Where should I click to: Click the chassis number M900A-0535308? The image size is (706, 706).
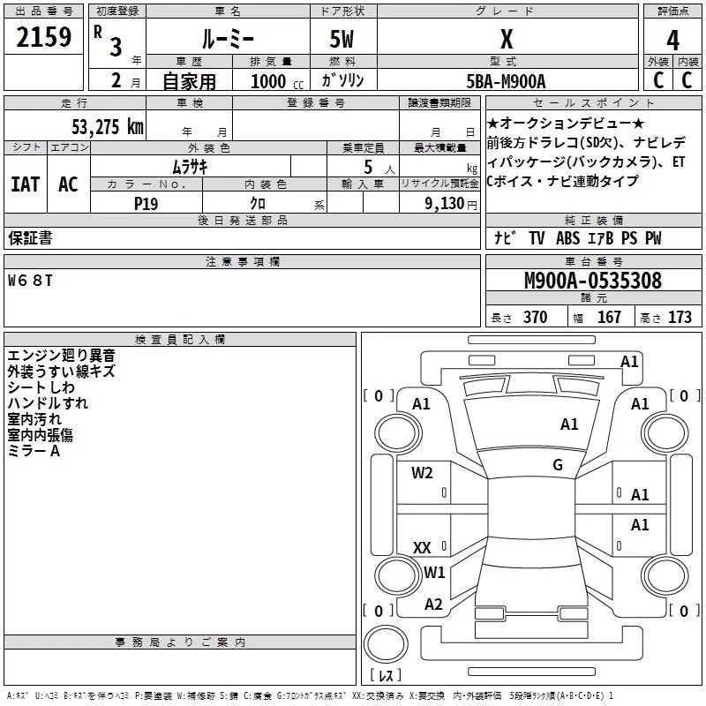tap(593, 281)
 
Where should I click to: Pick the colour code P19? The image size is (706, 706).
tap(146, 202)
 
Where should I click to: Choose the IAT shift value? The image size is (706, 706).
tap(25, 184)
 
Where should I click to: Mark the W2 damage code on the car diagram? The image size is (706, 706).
tap(422, 472)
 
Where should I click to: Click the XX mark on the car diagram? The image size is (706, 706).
tap(422, 547)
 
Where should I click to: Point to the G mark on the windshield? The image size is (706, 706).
tap(558, 465)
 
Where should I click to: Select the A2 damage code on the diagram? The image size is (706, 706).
tap(433, 604)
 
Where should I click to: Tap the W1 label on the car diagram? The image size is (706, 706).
tap(434, 572)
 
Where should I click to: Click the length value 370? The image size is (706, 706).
tap(535, 317)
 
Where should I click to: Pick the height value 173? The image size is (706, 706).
tap(680, 317)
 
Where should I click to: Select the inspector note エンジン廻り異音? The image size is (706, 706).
tap(61, 356)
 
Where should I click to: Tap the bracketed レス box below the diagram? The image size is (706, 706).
tap(386, 675)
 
